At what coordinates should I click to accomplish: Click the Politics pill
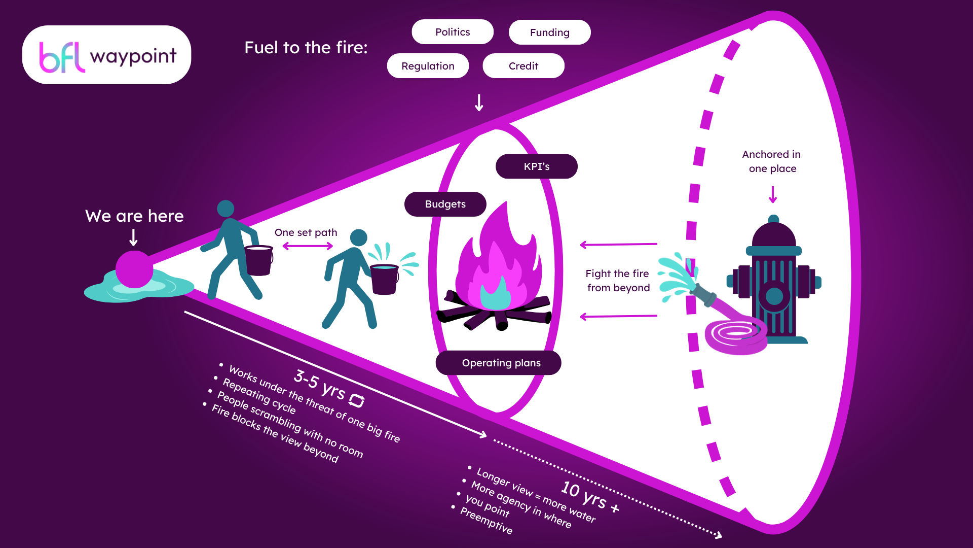453,32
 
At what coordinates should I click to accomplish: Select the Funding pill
550,32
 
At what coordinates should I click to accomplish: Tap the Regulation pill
428,66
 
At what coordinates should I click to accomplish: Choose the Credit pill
523,66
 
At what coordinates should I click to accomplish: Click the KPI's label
537,166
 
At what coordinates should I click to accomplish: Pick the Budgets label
445,204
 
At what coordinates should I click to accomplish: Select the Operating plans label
499,363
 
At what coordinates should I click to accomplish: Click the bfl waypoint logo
107,55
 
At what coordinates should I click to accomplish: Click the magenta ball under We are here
134,269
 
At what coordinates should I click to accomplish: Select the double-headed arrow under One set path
308,246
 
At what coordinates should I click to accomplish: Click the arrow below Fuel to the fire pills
479,102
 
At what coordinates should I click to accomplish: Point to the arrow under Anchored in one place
773,194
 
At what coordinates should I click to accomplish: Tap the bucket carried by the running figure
258,260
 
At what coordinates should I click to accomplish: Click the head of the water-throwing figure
358,237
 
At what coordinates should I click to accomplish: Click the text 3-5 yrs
320,384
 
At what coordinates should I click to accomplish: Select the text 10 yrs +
590,497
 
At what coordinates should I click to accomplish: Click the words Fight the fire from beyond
618,281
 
